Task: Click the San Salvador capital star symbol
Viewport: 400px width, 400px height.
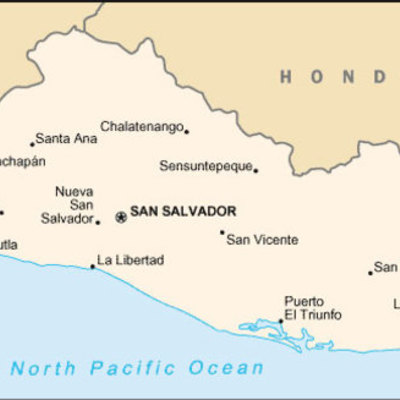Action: click(x=121, y=215)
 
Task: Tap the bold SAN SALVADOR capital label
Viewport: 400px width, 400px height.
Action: click(x=183, y=212)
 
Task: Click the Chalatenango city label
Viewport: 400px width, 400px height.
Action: click(x=141, y=126)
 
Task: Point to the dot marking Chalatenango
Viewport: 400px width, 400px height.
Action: click(x=187, y=131)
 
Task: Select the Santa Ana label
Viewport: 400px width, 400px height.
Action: click(x=66, y=139)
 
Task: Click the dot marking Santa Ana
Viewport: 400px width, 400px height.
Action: click(x=32, y=144)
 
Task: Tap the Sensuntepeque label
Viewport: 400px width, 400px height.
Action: click(x=205, y=165)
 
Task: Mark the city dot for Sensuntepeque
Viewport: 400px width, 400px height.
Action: click(x=256, y=170)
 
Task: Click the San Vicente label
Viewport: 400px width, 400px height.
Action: click(x=262, y=239)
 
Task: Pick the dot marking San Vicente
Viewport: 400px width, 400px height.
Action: click(x=222, y=232)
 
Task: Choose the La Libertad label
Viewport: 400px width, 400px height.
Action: click(x=131, y=260)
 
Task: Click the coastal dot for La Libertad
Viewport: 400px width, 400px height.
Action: click(x=93, y=266)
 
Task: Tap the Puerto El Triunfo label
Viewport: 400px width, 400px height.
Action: click(x=312, y=308)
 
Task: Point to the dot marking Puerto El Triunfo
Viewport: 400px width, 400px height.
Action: click(x=280, y=322)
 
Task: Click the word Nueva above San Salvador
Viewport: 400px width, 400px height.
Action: click(x=73, y=191)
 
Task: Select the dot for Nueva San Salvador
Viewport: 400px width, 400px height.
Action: click(x=97, y=221)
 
